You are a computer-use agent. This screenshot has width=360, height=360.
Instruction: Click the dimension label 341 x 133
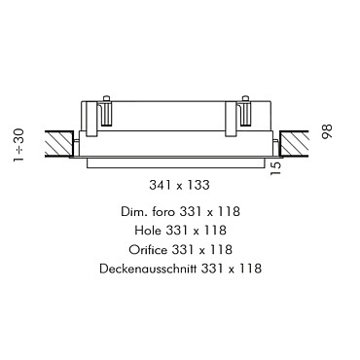179,185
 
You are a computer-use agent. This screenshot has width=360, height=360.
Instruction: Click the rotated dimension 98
327,131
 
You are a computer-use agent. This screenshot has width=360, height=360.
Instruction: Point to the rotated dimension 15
275,168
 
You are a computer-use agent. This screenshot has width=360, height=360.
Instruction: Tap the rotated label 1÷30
19,145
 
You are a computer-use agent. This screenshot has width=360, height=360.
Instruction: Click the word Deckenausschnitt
148,269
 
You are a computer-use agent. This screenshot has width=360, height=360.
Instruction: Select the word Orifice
148,250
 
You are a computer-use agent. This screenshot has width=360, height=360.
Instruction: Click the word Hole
148,231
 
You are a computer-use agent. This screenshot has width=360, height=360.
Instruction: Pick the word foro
162,212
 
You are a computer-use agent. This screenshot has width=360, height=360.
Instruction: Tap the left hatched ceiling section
58,144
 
